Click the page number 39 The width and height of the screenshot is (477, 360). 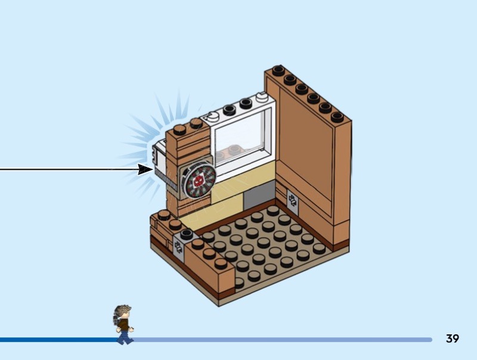coord(452,339)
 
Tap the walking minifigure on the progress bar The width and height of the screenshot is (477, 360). coord(123,324)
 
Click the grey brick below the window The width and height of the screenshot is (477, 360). coord(258,197)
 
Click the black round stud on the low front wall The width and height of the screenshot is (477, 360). coord(187,234)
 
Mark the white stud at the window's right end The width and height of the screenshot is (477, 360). coord(261,98)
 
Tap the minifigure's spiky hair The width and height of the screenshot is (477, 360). coord(123,311)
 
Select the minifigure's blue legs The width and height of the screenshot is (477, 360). coord(125,337)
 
